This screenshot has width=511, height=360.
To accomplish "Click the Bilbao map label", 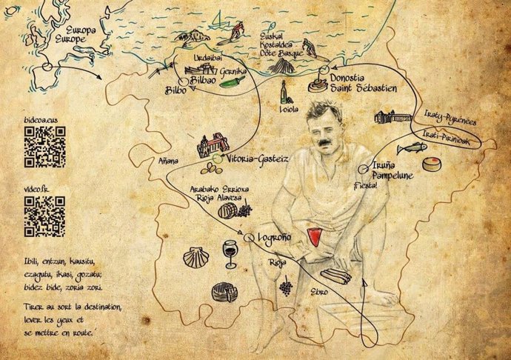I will tap(207, 78).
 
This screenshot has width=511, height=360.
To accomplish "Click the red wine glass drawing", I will tap(230, 252).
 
